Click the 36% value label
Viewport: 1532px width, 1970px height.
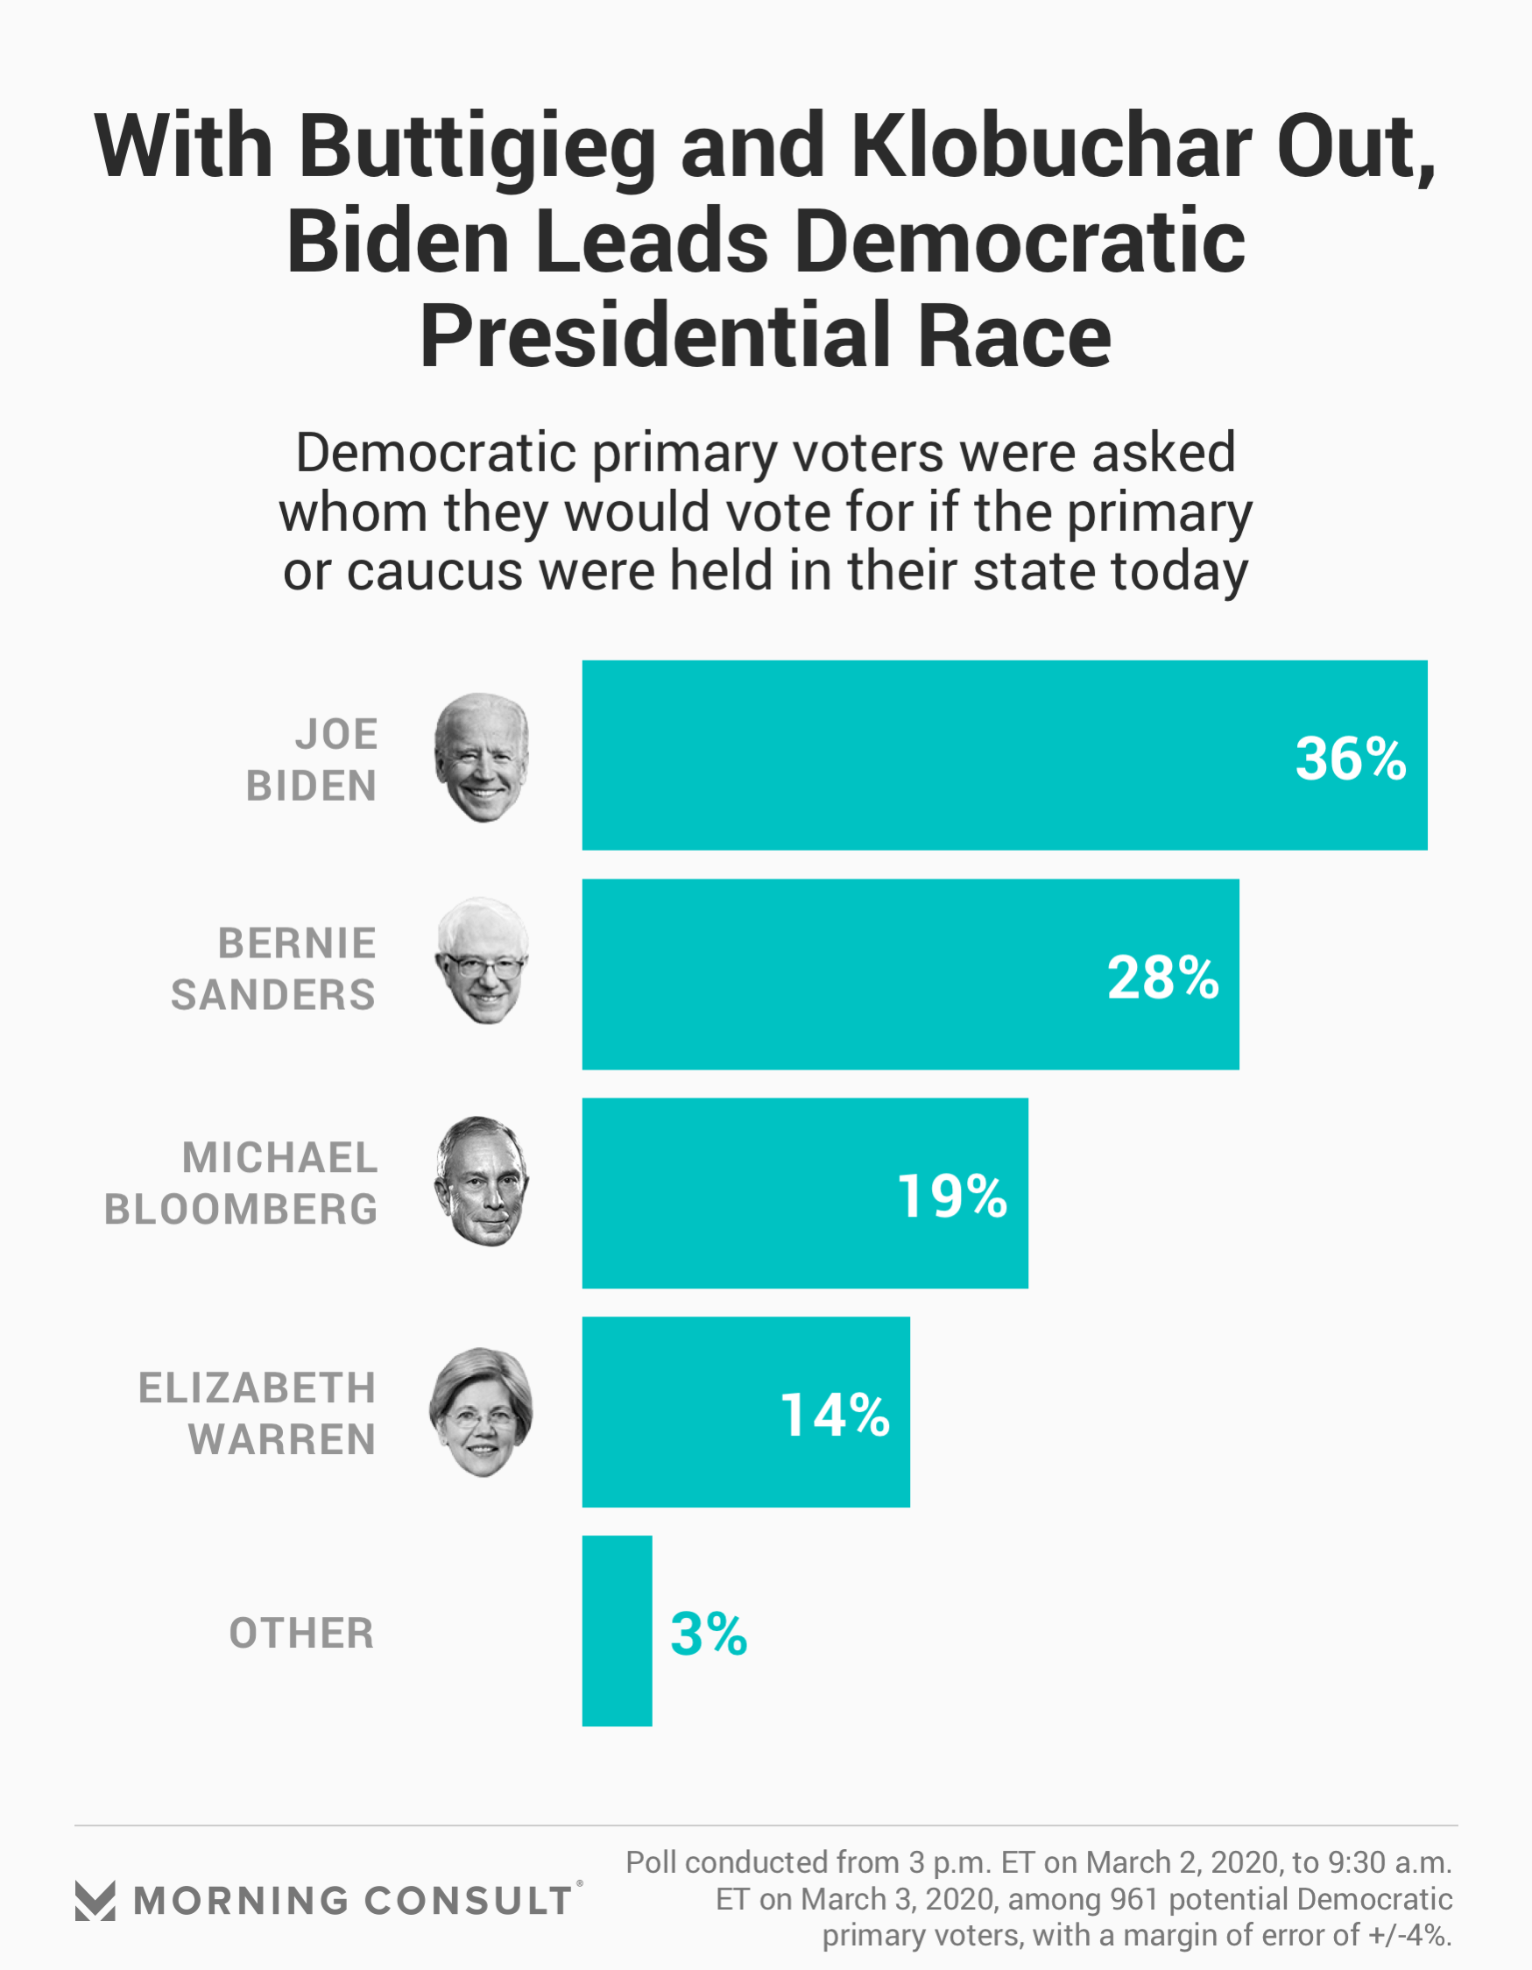pyautogui.click(x=1350, y=759)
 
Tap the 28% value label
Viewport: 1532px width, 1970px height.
pyautogui.click(x=1162, y=978)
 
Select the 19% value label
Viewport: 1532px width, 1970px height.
pyautogui.click(x=952, y=1197)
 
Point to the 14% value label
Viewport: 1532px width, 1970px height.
pyautogui.click(x=835, y=1416)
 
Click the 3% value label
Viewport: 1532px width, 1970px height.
pyautogui.click(x=709, y=1635)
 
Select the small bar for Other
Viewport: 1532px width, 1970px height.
pyautogui.click(x=618, y=1631)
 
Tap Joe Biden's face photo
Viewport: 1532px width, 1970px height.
pyautogui.click(x=482, y=758)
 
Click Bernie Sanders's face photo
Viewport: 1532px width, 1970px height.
pyautogui.click(x=483, y=961)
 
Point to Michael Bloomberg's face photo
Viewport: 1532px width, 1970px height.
pyautogui.click(x=482, y=1182)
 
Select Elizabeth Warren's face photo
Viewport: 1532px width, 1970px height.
pyautogui.click(x=481, y=1413)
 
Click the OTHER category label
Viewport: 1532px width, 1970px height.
pyautogui.click(x=301, y=1634)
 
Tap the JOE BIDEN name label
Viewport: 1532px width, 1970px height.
pyautogui.click(x=312, y=759)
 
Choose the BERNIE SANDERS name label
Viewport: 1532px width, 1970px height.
pyautogui.click(x=273, y=970)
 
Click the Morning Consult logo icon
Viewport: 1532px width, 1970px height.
pyautogui.click(x=95, y=1902)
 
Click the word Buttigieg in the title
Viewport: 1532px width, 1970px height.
pyautogui.click(x=477, y=147)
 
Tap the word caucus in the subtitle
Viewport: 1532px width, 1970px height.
pyautogui.click(x=434, y=572)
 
